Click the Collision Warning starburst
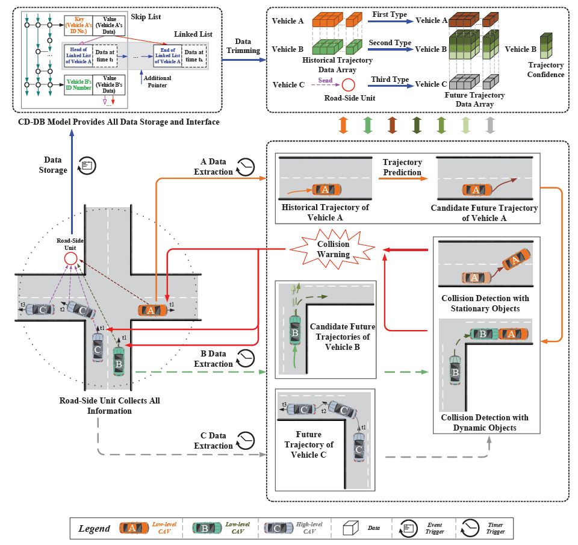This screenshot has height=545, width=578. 334,249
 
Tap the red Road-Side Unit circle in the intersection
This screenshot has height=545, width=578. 70,259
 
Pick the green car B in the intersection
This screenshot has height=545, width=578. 119,359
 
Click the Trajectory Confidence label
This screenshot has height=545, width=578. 545,70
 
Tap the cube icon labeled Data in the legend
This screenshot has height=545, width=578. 350,528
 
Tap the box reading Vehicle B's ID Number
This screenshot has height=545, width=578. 79,84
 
